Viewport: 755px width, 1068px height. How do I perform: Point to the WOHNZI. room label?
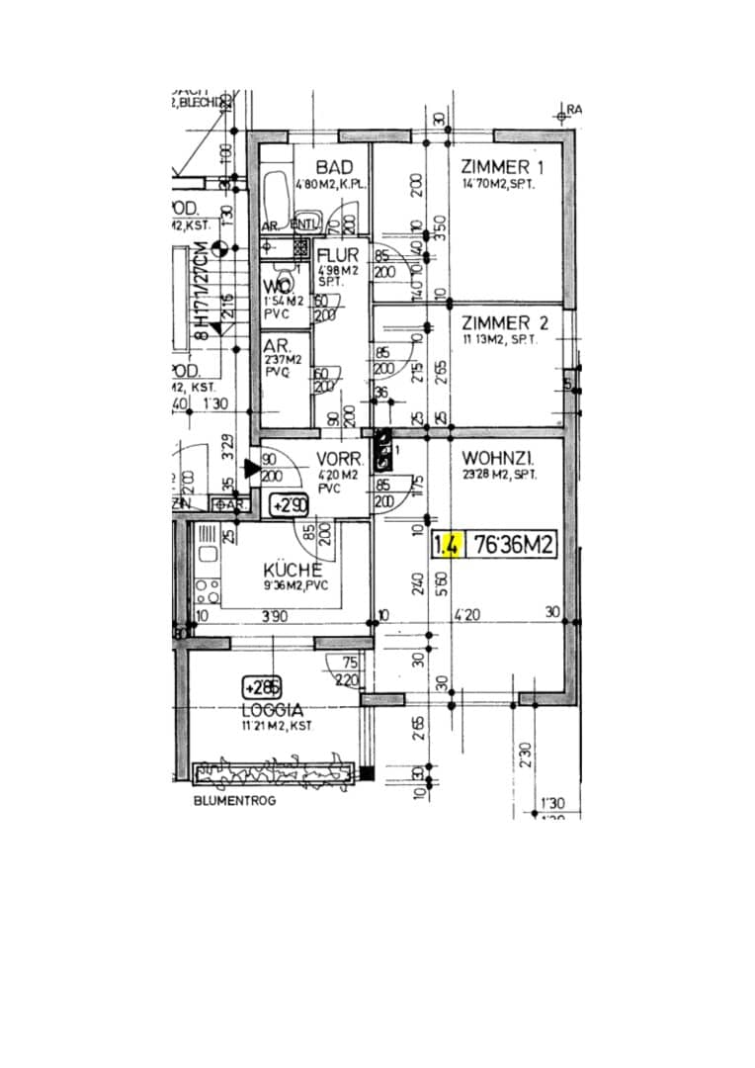tap(498, 459)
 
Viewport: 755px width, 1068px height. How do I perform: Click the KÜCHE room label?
tap(293, 571)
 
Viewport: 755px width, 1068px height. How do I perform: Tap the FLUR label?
tap(338, 256)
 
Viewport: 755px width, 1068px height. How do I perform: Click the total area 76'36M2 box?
tap(511, 545)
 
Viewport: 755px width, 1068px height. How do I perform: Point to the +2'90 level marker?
tap(291, 505)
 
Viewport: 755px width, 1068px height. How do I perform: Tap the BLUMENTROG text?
tap(234, 800)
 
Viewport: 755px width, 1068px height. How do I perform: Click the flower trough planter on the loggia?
tap(274, 772)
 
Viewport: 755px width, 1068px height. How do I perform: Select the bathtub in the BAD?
tap(277, 199)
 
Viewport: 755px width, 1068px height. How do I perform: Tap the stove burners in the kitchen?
tap(208, 591)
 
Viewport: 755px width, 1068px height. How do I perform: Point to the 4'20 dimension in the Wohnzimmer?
tap(465, 614)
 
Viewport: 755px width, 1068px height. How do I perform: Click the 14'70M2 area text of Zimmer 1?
tap(498, 185)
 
